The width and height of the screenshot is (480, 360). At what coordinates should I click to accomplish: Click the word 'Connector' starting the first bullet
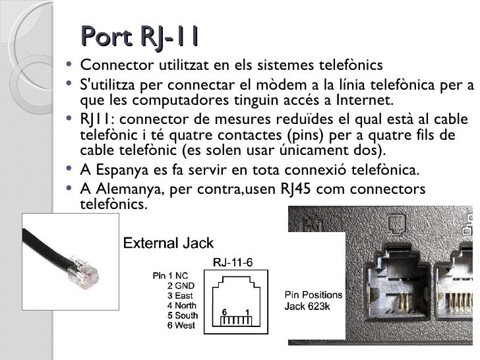[x=111, y=66]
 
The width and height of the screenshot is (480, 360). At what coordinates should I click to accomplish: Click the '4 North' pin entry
[x=181, y=305]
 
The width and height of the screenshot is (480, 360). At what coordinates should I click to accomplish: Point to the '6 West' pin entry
[x=181, y=326]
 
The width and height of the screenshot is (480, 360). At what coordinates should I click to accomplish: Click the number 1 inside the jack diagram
[x=246, y=311]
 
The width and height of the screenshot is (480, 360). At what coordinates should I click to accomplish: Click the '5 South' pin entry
[x=182, y=316]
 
